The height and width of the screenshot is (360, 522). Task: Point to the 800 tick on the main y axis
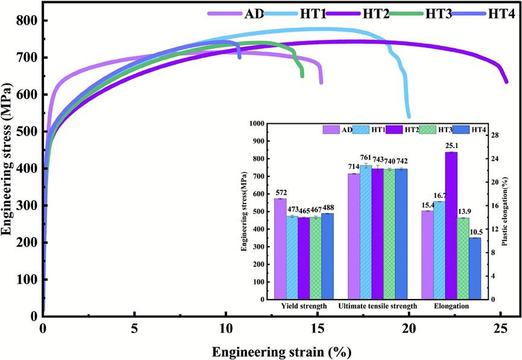pyautogui.click(x=27, y=21)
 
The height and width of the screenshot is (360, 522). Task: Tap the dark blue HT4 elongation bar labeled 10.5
pyautogui.click(x=474, y=269)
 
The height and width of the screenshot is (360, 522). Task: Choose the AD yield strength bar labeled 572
pyautogui.click(x=281, y=249)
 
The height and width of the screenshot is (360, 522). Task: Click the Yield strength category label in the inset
pyautogui.click(x=304, y=307)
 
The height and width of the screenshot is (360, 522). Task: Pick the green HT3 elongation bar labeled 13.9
pyautogui.click(x=463, y=259)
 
